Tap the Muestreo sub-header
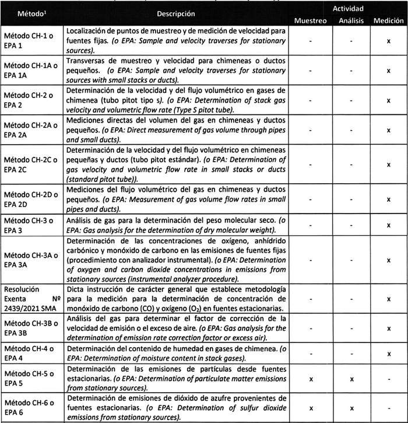point(310,20)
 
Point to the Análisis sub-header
point(351,20)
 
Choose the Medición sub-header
point(389,20)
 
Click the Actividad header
point(349,9)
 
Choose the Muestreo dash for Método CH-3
point(310,224)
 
